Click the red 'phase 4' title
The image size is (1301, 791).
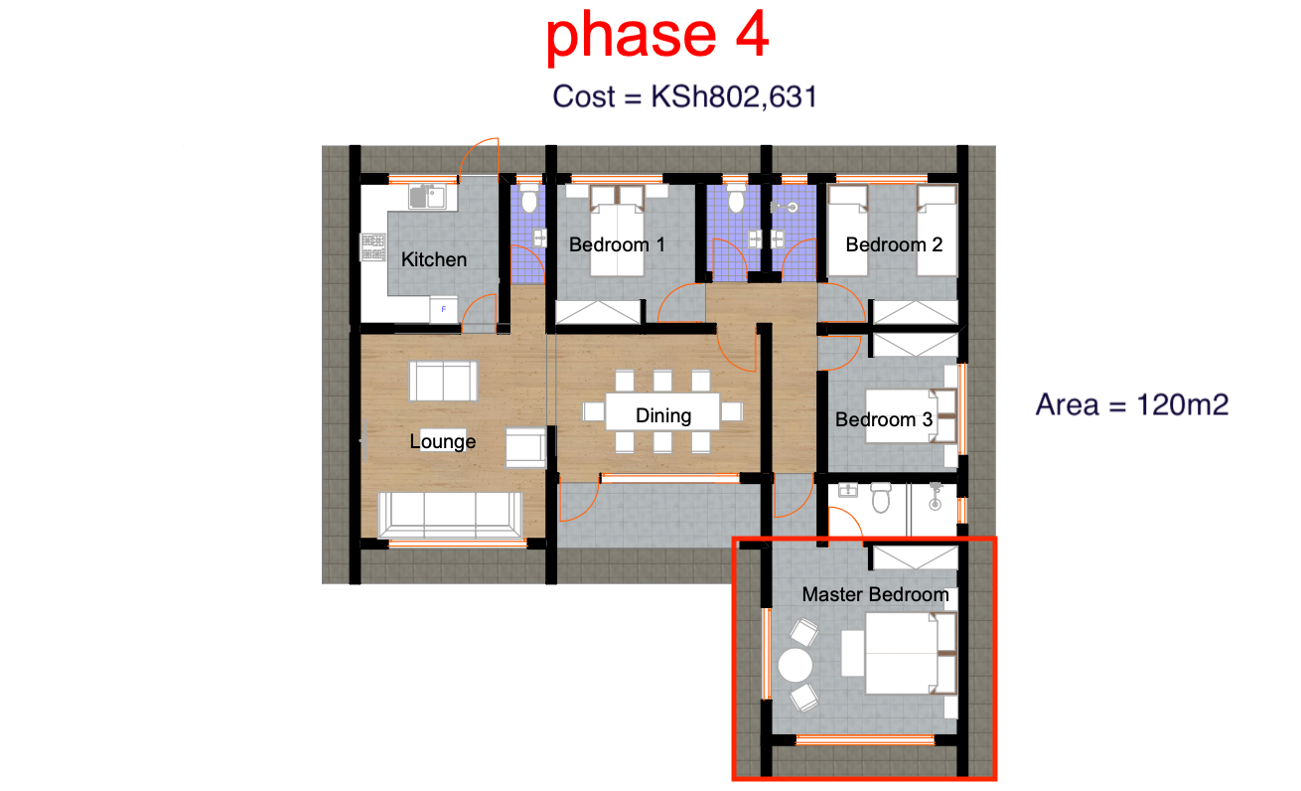pos(657,36)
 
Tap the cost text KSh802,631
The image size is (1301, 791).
pos(734,96)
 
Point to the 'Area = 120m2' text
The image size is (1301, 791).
pos(1132,404)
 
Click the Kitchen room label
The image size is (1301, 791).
pos(434,259)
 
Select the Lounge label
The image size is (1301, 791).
pos(443,441)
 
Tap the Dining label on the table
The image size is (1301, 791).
pos(663,415)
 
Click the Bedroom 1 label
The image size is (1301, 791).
pos(617,244)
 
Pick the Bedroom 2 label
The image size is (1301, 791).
pos(894,244)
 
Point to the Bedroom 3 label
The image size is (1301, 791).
pos(884,419)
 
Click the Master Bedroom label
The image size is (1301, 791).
pos(875,594)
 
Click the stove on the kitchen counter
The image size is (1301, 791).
pos(373,247)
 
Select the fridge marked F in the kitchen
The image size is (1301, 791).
pos(443,309)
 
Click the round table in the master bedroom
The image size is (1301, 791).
pos(795,666)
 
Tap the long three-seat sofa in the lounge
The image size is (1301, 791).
pos(450,515)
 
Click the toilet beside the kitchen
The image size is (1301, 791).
pos(528,198)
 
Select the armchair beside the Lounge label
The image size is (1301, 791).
pos(526,447)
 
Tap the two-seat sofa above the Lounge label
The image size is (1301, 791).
pos(443,382)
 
